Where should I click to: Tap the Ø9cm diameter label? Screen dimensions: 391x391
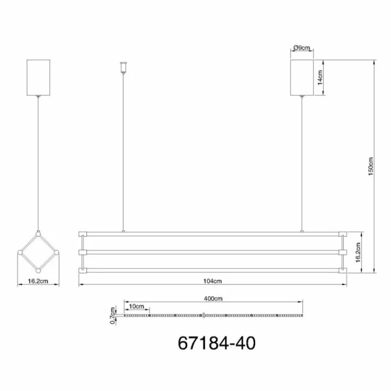(302, 48)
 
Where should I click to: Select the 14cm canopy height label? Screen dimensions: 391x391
(320, 77)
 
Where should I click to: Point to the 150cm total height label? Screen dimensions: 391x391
(371, 166)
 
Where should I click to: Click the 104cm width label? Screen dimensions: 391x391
(213, 281)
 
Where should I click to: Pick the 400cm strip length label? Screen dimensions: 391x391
(214, 299)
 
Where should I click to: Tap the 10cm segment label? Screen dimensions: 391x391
(137, 306)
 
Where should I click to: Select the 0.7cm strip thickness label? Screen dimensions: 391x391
(112, 316)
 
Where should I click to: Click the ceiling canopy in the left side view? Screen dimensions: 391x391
(38, 78)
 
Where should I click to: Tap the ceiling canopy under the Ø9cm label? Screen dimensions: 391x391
(302, 77)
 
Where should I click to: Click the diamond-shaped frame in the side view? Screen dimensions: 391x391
(38, 252)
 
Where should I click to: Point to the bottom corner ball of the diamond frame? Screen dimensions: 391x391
(38, 271)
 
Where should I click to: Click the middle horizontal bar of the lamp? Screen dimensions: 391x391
(213, 252)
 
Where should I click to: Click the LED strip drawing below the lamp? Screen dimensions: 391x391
(214, 316)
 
